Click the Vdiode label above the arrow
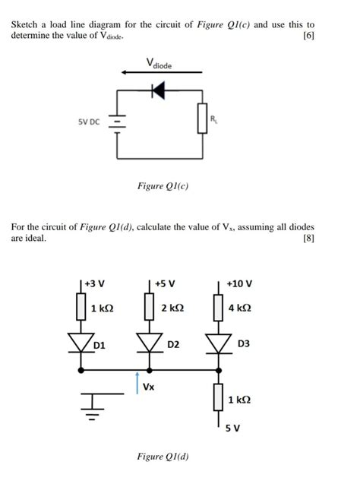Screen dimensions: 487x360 [x=161, y=65]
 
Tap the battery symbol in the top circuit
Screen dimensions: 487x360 [x=118, y=122]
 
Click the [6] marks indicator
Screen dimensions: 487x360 [x=308, y=36]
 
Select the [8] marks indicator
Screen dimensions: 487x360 [x=308, y=238]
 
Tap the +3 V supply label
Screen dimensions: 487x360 [x=96, y=284]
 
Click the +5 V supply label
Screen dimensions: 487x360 [x=165, y=284]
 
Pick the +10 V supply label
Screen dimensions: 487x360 [x=239, y=284]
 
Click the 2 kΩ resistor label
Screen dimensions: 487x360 [x=172, y=308]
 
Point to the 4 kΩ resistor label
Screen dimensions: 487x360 [x=242, y=308]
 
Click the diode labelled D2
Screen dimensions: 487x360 [x=150, y=343]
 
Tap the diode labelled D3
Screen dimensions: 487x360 [x=219, y=343]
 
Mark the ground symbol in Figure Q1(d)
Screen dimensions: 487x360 [x=93, y=406]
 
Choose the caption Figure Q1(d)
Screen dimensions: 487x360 [x=163, y=457]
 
